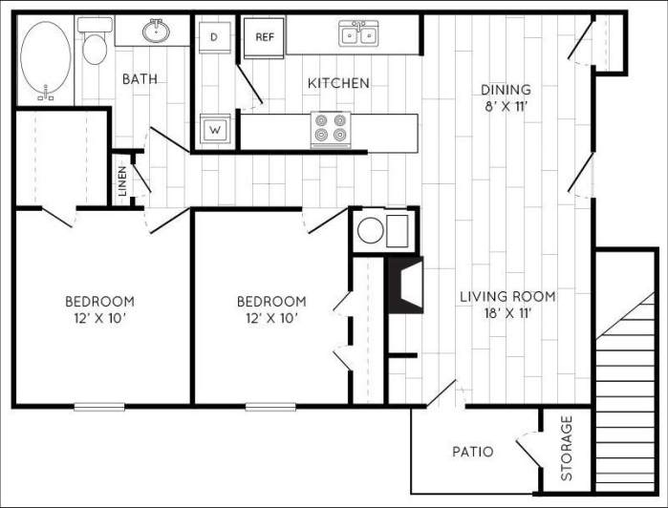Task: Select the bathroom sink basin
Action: [x=157, y=32]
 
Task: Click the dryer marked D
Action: [x=214, y=36]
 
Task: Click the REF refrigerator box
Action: [x=263, y=37]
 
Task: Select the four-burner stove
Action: [x=331, y=129]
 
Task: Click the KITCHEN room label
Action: [x=337, y=83]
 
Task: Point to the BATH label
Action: [x=140, y=79]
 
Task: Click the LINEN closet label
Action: [x=122, y=181]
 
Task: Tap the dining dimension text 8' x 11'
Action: [x=506, y=107]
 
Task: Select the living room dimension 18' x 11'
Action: [x=506, y=313]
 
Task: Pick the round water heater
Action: [x=369, y=230]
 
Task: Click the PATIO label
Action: [x=472, y=451]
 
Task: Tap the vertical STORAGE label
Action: [x=566, y=448]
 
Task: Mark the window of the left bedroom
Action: [x=99, y=407]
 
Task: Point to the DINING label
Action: [x=506, y=90]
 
